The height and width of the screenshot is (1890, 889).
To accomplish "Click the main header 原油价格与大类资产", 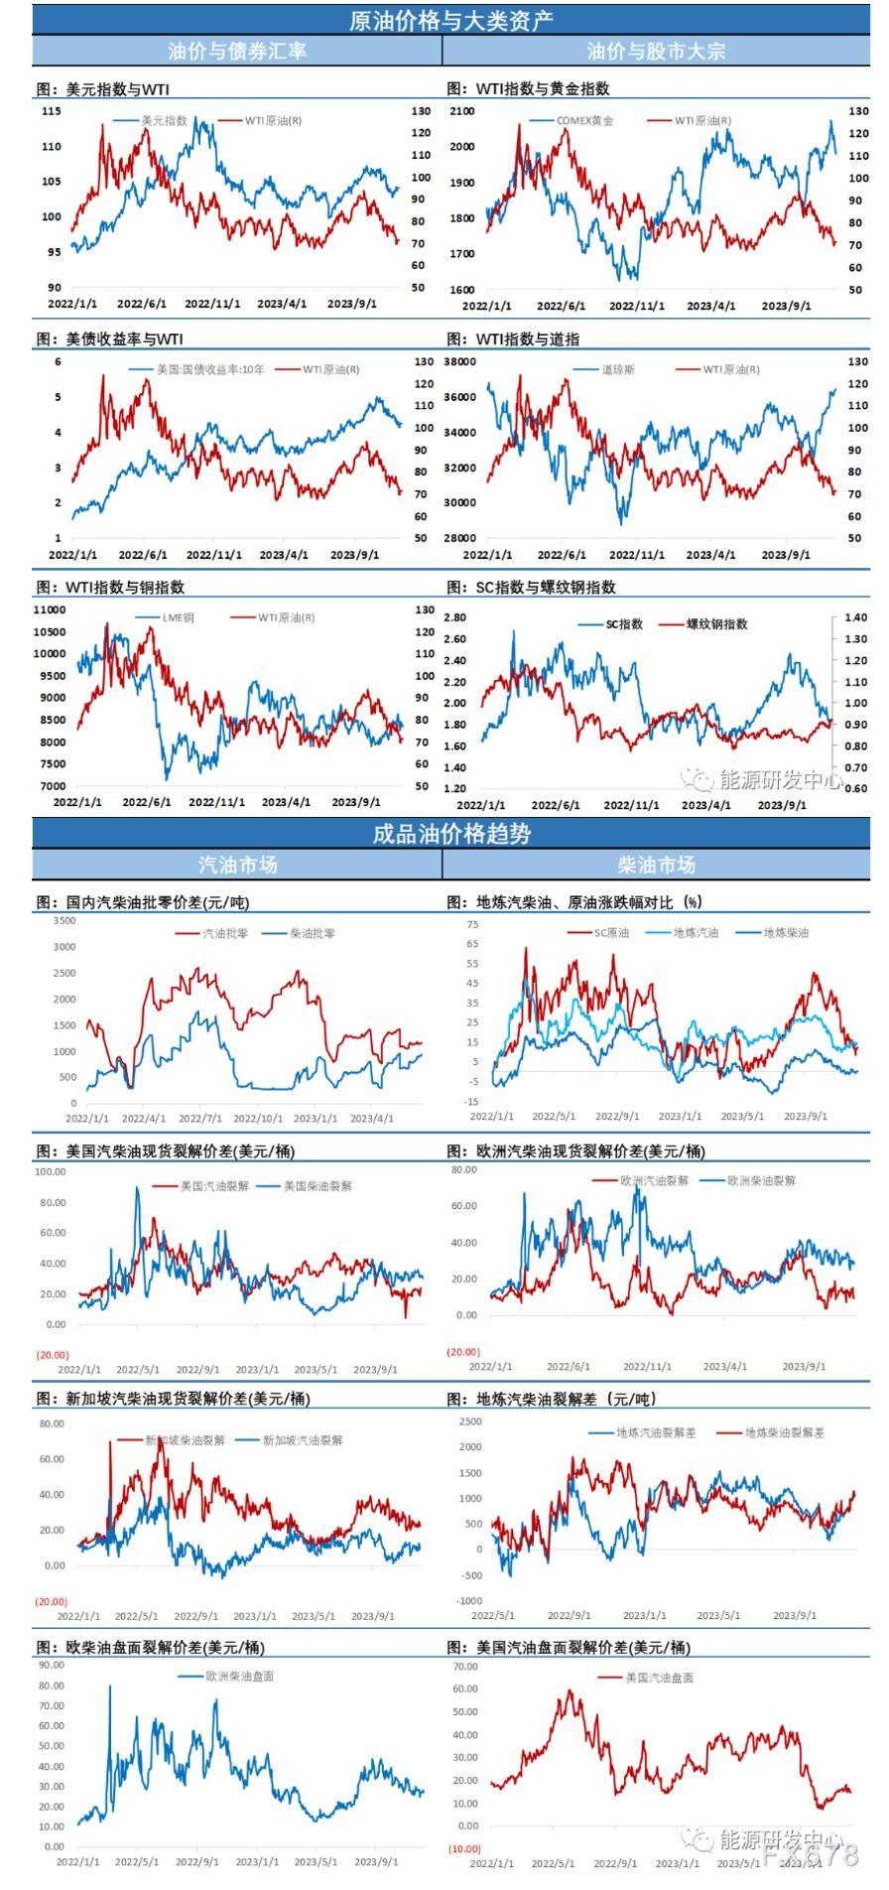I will [x=451, y=20].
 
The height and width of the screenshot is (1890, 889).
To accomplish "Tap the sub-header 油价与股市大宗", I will [x=656, y=52].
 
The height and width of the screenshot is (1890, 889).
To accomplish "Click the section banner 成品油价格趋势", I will [x=451, y=834].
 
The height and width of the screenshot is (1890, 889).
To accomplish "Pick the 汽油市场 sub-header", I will [x=238, y=865].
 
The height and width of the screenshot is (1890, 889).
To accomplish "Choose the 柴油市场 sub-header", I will [x=656, y=865].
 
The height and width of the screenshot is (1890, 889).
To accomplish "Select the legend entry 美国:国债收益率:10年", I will [x=209, y=369].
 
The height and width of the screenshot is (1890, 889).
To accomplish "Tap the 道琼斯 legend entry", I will [x=617, y=369].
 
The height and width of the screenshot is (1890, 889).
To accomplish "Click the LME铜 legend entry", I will [x=178, y=617].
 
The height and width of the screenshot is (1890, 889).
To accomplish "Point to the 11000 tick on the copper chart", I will [x=50, y=610].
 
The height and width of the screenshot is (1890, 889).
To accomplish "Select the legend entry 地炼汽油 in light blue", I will [x=695, y=933].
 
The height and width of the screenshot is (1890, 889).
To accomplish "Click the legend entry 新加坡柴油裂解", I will [x=185, y=1440].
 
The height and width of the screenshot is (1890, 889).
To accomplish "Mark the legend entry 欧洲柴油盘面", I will [x=239, y=1677].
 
